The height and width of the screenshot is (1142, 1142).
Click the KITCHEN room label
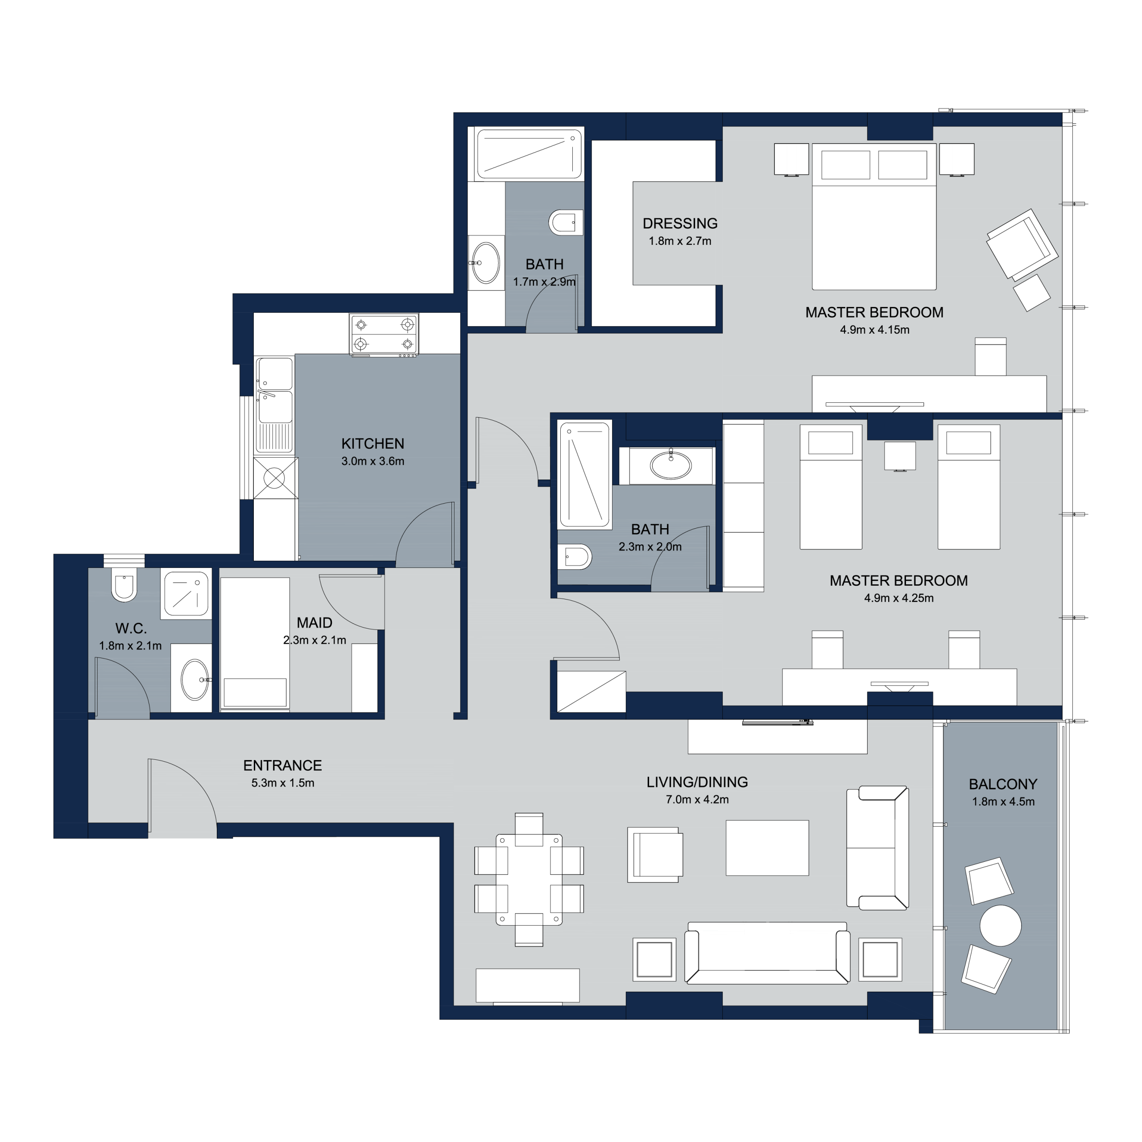(x=372, y=443)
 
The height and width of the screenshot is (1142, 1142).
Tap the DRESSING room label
(x=680, y=223)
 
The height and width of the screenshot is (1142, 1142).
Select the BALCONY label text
(x=1003, y=784)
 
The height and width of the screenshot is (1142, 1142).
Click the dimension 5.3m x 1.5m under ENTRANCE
(x=282, y=782)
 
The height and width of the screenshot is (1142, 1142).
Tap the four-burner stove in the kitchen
(x=384, y=335)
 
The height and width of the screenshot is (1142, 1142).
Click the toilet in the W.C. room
(x=124, y=584)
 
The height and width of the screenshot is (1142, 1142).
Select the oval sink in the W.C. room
(x=194, y=680)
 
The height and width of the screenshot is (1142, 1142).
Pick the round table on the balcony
(x=1001, y=926)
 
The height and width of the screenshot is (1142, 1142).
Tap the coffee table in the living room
(x=767, y=848)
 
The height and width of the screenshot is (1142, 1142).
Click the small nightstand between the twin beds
(x=900, y=456)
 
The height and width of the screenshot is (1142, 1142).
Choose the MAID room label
(x=314, y=622)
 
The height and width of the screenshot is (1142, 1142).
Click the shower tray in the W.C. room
(x=186, y=593)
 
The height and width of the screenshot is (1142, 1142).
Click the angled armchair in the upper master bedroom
(x=1022, y=244)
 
